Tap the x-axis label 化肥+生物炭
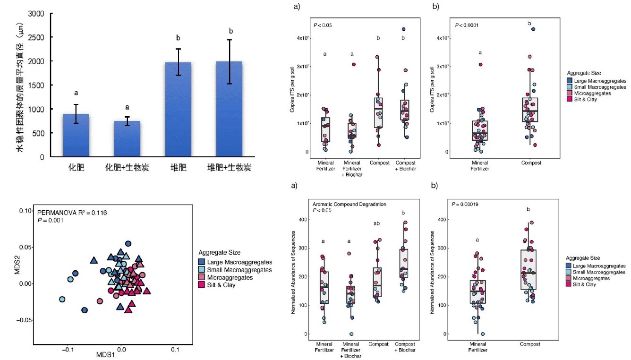point(127,168)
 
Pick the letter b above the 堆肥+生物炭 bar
point(231,31)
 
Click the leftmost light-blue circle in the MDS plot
point(62,299)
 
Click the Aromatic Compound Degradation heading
point(350,204)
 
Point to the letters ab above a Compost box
point(377,223)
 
